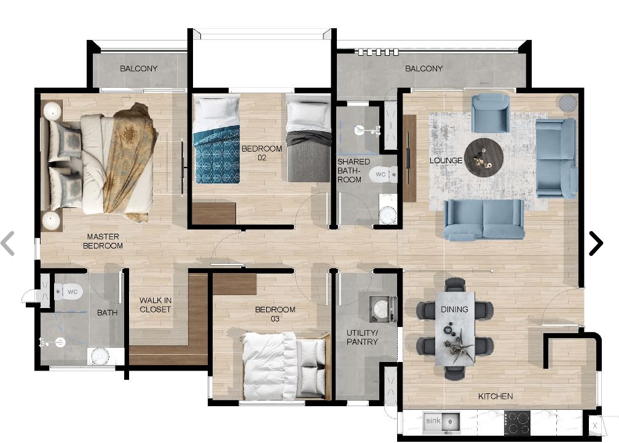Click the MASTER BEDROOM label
103,241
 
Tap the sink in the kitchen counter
441,423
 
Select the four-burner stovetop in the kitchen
517,423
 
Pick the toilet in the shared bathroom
384,174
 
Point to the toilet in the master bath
68,292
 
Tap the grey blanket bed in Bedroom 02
309,138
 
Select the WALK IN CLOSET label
155,305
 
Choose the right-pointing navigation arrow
596,243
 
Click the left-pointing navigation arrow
8,243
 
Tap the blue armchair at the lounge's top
491,113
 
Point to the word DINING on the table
454,309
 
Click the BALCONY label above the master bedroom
138,69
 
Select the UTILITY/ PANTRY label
362,337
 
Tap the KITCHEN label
495,396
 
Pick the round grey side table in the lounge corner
568,103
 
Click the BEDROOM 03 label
275,314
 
